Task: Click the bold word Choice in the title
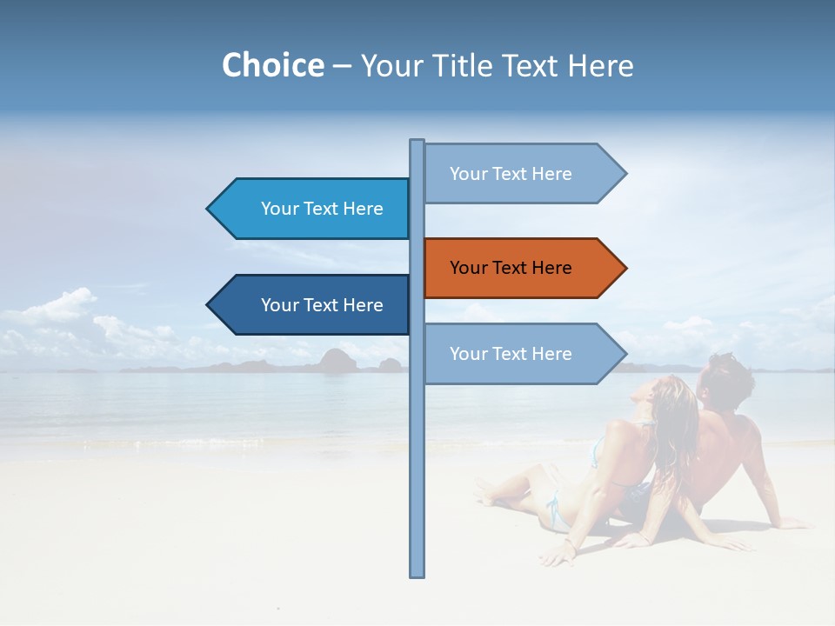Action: point(272,65)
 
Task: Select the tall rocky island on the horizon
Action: point(336,360)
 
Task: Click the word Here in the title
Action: point(601,65)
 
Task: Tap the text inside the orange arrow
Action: point(511,268)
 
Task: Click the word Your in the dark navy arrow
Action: point(278,305)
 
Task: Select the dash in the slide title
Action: point(342,66)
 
